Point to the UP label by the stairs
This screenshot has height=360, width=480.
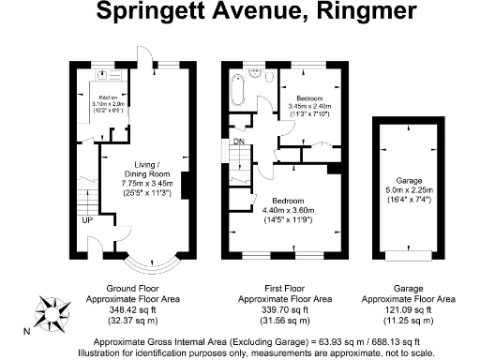point(87,220)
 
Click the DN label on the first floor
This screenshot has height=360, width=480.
point(239,142)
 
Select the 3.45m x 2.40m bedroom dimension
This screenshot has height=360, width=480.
point(308,106)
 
